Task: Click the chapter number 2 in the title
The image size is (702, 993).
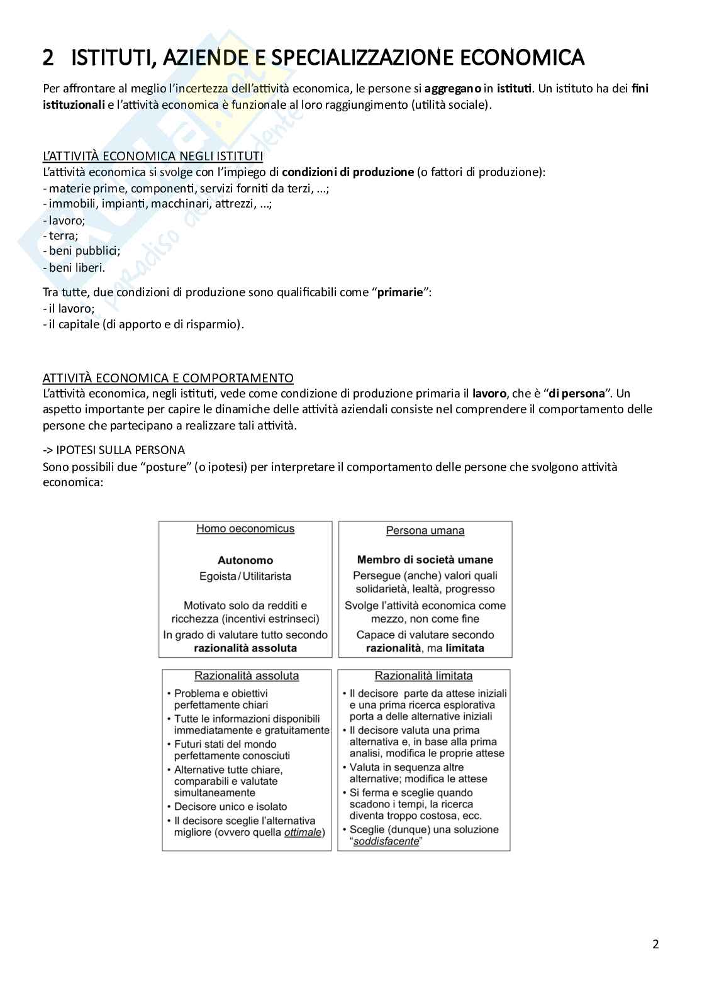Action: tap(48, 58)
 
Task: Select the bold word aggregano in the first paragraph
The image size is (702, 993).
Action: tap(452, 89)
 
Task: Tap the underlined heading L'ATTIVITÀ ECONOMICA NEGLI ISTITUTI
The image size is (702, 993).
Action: tap(153, 156)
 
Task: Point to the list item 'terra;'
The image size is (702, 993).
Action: tap(63, 236)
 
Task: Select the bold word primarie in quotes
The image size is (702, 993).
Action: tap(399, 292)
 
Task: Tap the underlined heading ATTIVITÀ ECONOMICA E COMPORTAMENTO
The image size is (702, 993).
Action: tap(168, 378)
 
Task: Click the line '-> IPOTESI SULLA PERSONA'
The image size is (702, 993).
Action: tap(114, 450)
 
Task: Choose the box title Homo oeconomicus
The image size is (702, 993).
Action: tap(245, 529)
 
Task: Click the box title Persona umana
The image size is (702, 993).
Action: tap(425, 531)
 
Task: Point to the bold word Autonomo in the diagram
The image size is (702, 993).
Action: tap(245, 560)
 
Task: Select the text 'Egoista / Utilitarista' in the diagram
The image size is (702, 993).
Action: tap(245, 576)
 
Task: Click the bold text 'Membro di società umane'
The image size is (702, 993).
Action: tap(425, 560)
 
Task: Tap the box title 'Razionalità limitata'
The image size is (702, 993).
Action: tap(423, 676)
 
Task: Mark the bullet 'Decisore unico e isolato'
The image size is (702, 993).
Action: tap(230, 807)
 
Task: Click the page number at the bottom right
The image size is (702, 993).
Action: tap(655, 944)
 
